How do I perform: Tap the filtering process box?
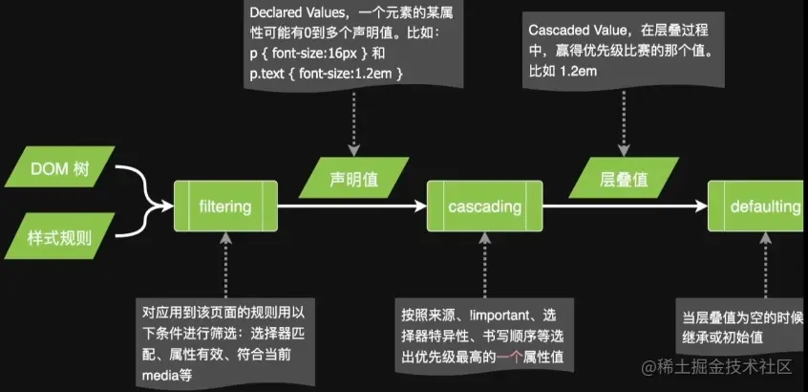click(224, 207)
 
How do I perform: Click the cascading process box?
click(484, 207)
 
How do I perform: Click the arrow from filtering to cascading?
click(349, 207)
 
